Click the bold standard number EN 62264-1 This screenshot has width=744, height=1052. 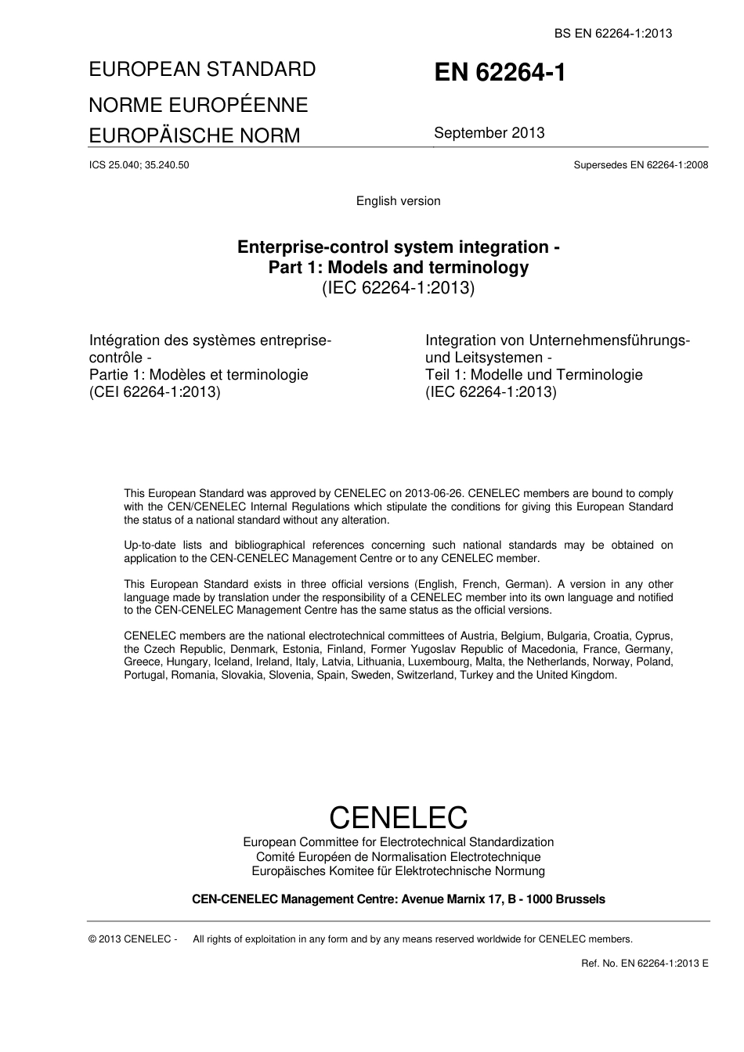coord(500,73)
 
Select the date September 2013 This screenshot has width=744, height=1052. coord(489,132)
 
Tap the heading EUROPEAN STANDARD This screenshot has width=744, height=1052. coord(202,69)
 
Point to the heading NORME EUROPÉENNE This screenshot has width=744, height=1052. coord(198,105)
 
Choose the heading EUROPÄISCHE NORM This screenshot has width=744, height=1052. coord(194,135)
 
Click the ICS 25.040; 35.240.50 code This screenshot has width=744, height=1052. coord(139,165)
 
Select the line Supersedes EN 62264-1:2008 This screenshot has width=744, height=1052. coord(641,165)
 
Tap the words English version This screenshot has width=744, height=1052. coord(398,201)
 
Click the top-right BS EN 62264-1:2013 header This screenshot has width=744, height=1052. coord(613,33)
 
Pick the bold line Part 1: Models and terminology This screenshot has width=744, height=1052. coord(398,268)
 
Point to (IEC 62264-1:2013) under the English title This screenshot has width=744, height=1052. coord(398,288)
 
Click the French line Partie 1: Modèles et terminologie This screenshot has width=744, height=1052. coord(199,375)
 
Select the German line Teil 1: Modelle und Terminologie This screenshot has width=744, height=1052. coord(533,375)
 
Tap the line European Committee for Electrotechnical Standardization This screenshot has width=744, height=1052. coord(398,842)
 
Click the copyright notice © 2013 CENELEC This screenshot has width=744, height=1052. coord(133,939)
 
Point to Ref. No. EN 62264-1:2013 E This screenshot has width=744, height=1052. coord(645,963)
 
